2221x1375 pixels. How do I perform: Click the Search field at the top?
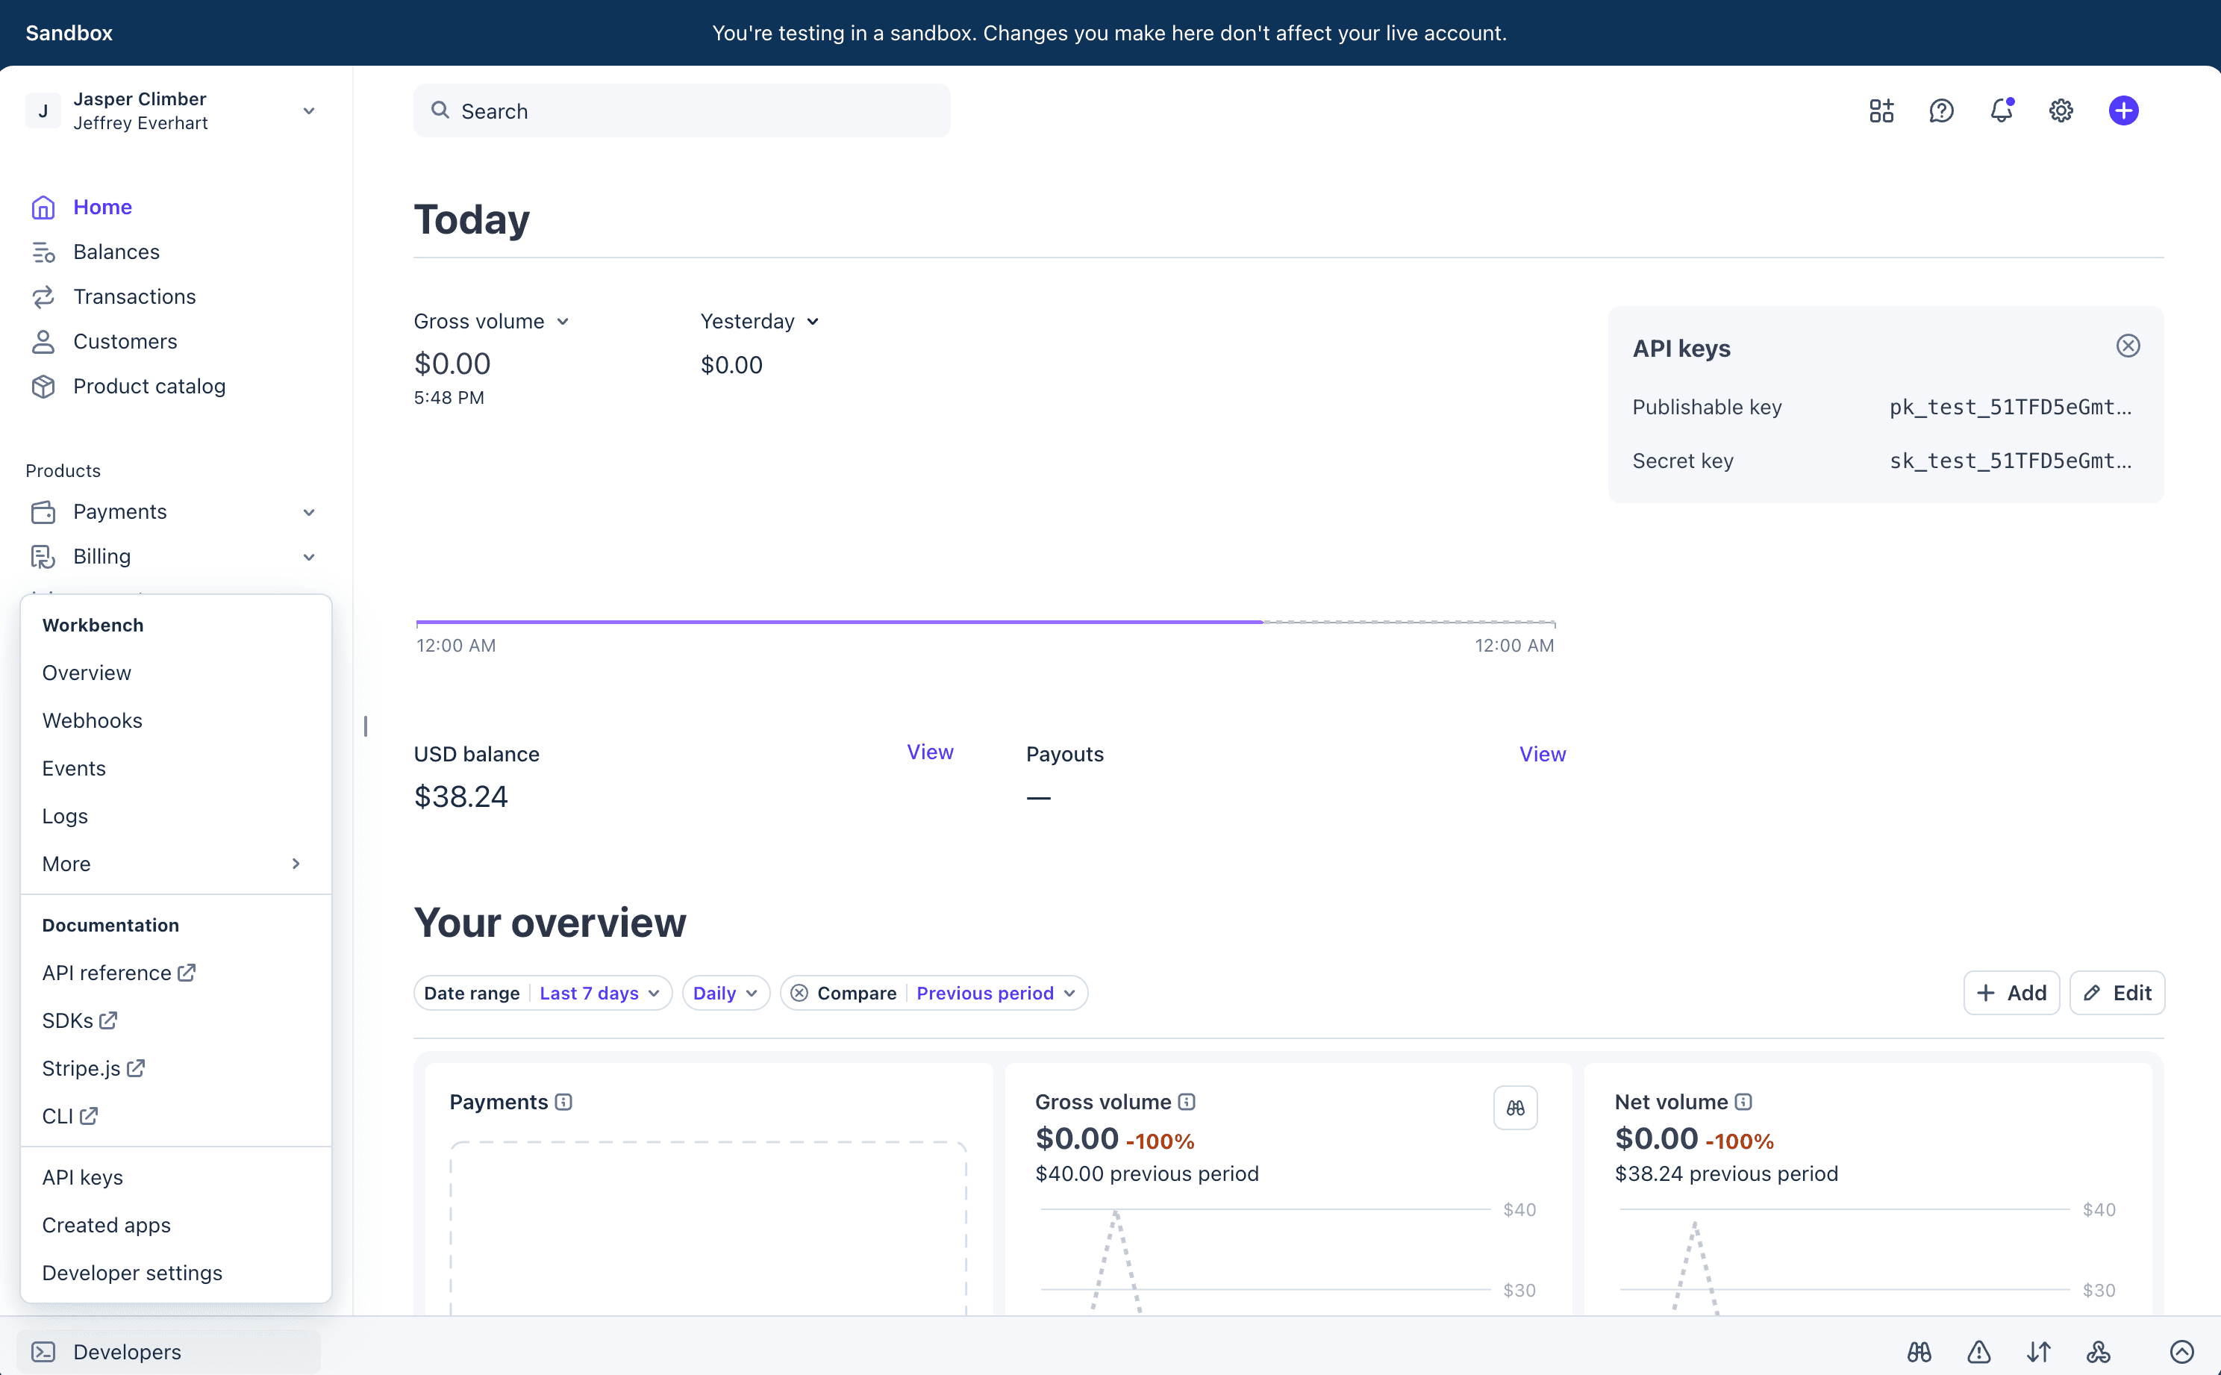pyautogui.click(x=682, y=111)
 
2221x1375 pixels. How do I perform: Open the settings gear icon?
pyautogui.click(x=2060, y=111)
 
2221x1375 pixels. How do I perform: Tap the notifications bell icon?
pyautogui.click(x=2001, y=111)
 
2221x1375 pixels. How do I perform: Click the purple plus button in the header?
pyautogui.click(x=2122, y=111)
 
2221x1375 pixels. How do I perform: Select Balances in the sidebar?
pyautogui.click(x=116, y=252)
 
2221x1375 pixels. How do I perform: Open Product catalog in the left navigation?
pyautogui.click(x=149, y=387)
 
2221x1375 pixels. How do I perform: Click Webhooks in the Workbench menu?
pyautogui.click(x=92, y=720)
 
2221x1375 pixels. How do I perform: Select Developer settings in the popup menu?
pyautogui.click(x=132, y=1273)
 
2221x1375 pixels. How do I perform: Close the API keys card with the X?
pyautogui.click(x=2128, y=346)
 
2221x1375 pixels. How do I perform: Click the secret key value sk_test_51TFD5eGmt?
pyautogui.click(x=2010, y=461)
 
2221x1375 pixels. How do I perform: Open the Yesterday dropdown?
pyautogui.click(x=759, y=322)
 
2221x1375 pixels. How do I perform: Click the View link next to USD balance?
pyautogui.click(x=930, y=752)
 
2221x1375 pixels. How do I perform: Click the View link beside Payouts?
pyautogui.click(x=1542, y=754)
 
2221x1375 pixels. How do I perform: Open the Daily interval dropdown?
pyautogui.click(x=725, y=993)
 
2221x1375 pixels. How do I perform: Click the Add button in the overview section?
pyautogui.click(x=2011, y=993)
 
